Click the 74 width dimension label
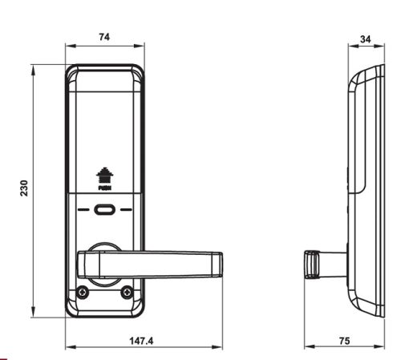pyautogui.click(x=104, y=36)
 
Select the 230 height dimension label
pyautogui.click(x=23, y=189)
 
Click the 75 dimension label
pyautogui.click(x=344, y=341)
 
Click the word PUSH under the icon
pyautogui.click(x=103, y=189)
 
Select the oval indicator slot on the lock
pyautogui.click(x=104, y=212)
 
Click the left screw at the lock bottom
pyautogui.click(x=81, y=293)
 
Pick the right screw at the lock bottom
pyautogui.click(x=127, y=293)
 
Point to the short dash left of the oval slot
pyautogui.click(x=85, y=212)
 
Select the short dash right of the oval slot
pyautogui.click(x=124, y=212)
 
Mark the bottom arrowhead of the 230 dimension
pyautogui.click(x=33, y=316)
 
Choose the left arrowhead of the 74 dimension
pyautogui.click(x=68, y=46)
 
